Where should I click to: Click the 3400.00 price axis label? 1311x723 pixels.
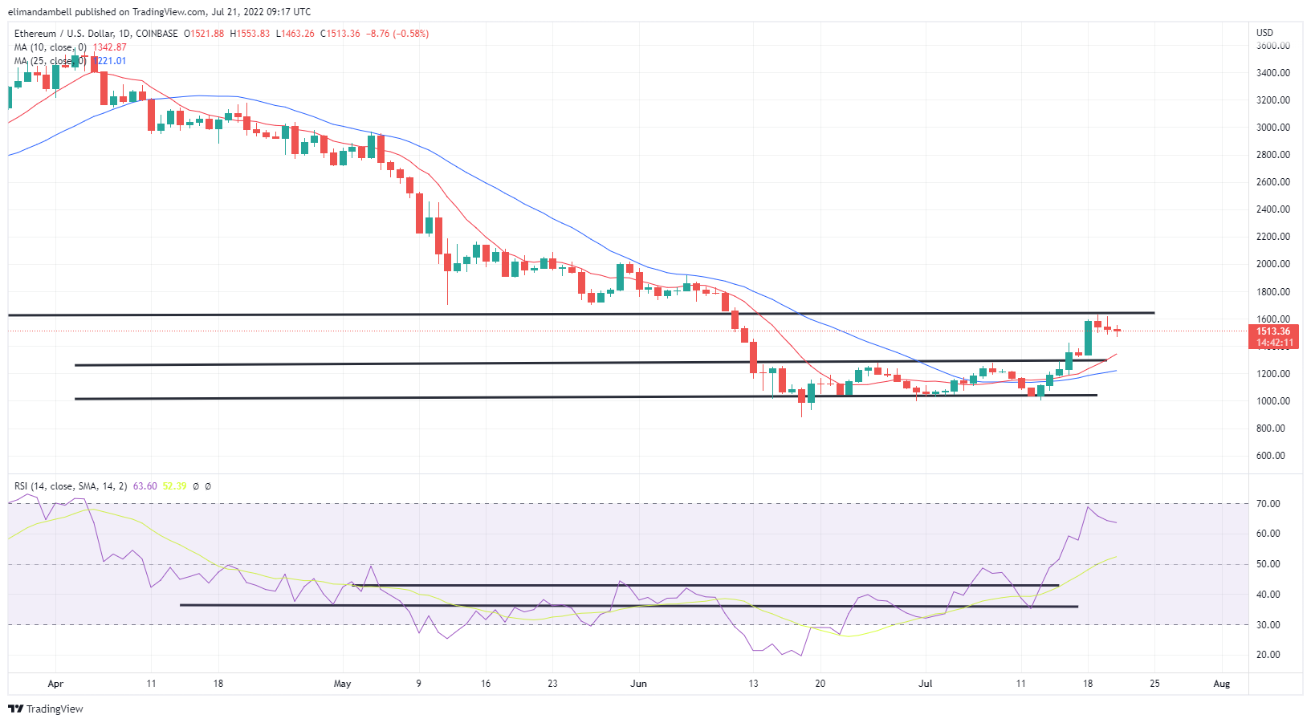point(1273,73)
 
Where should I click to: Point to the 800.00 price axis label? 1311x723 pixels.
point(1273,429)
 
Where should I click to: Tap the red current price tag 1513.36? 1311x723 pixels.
point(1273,331)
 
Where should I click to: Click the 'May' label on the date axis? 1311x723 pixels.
point(342,684)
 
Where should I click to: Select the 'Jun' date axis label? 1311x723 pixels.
point(638,684)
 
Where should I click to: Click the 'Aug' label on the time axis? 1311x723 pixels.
point(1221,684)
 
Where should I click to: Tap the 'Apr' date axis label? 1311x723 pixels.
point(55,684)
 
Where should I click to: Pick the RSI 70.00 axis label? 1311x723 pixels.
point(1268,504)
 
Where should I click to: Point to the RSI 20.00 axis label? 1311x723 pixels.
point(1268,655)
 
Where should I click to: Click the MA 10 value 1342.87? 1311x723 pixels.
point(109,47)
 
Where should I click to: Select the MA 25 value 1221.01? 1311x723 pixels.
point(111,61)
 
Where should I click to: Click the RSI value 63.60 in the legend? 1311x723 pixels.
point(145,486)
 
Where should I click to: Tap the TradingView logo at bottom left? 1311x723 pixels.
point(46,709)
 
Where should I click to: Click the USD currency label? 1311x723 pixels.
point(1264,33)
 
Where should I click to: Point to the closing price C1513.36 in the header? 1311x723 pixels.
point(340,34)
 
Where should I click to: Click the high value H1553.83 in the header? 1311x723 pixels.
point(250,34)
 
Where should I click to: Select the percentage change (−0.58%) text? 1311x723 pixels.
point(410,34)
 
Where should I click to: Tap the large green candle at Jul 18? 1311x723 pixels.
point(1088,338)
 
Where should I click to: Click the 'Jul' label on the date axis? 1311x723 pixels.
point(926,684)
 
